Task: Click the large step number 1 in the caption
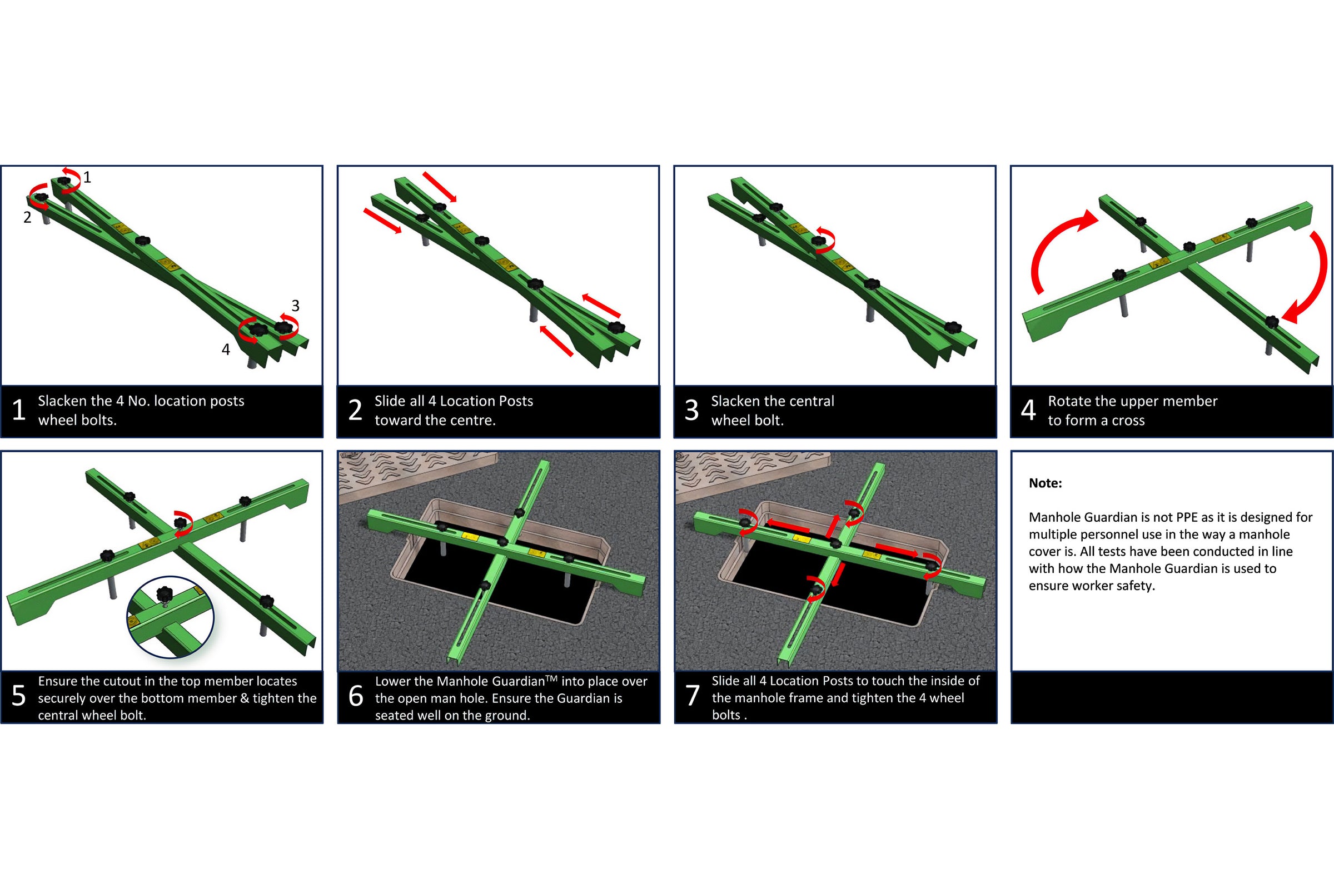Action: [x=19, y=410]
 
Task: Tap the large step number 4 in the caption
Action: [x=1028, y=410]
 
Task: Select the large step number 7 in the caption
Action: [x=693, y=696]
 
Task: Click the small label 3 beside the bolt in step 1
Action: [x=296, y=306]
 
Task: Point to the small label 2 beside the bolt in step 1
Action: [x=27, y=217]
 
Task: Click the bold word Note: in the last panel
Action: [x=1046, y=483]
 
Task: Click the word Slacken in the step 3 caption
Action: [x=735, y=401]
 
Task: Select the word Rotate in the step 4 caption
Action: [x=1068, y=401]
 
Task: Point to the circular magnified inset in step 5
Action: [x=170, y=617]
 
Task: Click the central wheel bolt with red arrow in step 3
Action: [x=819, y=241]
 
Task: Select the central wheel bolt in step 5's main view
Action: [x=180, y=522]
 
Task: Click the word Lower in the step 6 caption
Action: [x=393, y=682]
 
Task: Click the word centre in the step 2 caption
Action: [x=474, y=421]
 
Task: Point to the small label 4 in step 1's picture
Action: [x=226, y=350]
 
